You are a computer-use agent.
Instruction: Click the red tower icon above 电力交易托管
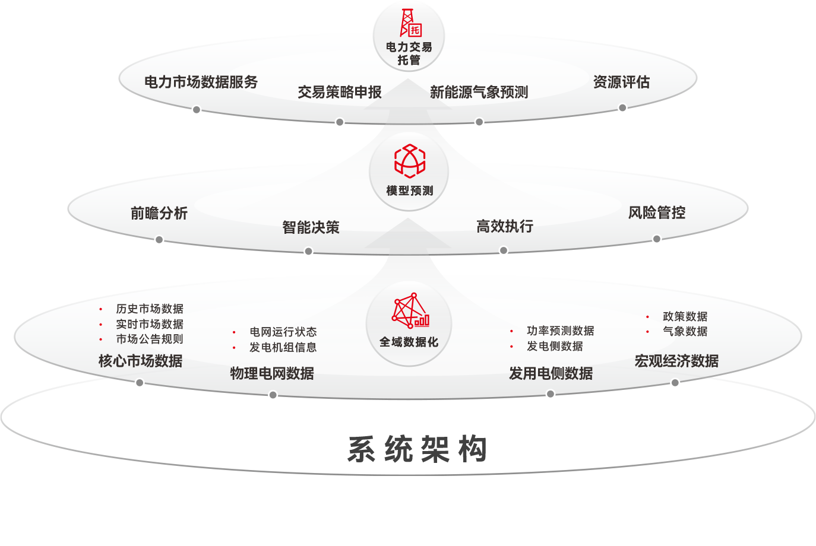[410, 23]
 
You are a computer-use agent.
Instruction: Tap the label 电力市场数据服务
[201, 82]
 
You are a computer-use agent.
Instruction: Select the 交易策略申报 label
[340, 92]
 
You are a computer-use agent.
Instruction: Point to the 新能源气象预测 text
[479, 92]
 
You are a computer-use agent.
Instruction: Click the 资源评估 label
[621, 82]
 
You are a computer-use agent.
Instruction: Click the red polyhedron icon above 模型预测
[410, 161]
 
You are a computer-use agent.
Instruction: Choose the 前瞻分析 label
[159, 213]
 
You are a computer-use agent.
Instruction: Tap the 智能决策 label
[311, 227]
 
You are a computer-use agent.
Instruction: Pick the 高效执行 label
[505, 226]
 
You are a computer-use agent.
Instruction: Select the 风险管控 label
[657, 212]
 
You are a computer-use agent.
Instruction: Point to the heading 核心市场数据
[140, 361]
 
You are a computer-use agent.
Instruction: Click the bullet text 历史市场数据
[150, 309]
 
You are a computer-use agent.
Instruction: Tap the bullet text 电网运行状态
[283, 332]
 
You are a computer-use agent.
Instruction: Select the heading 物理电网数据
[272, 373]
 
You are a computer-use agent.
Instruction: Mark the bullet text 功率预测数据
[560, 331]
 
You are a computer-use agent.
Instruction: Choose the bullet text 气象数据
[685, 331]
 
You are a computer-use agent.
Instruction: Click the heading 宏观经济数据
[676, 361]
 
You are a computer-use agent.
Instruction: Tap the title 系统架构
[417, 449]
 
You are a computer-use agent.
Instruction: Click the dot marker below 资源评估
[622, 108]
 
